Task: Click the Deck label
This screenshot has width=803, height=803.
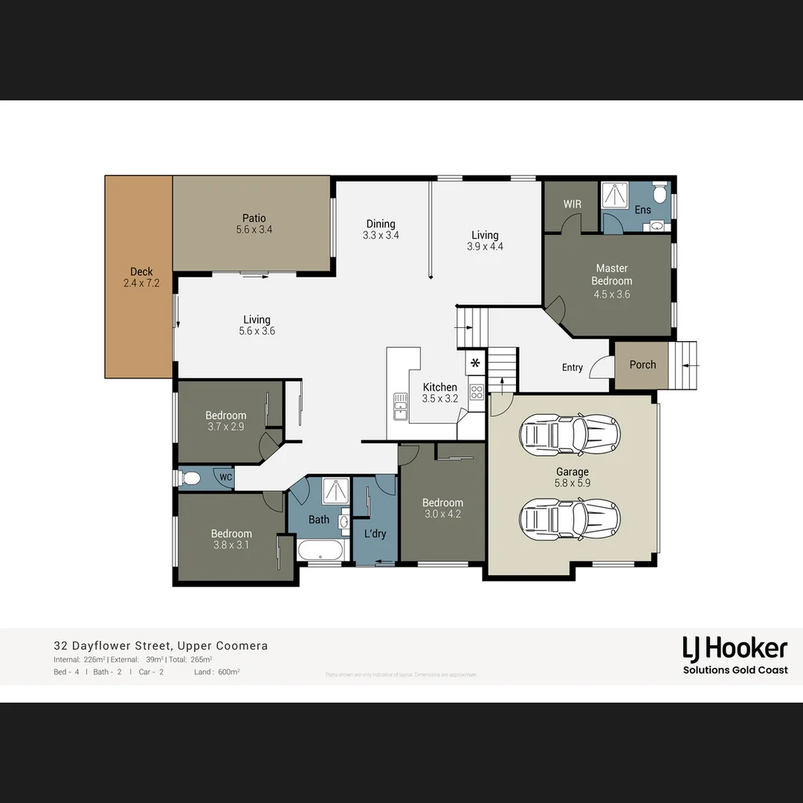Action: (141, 272)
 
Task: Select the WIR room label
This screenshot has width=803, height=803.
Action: (572, 204)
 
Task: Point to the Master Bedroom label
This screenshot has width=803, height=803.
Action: (612, 274)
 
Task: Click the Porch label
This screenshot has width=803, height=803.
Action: (642, 364)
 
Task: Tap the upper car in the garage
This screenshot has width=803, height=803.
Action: (570, 434)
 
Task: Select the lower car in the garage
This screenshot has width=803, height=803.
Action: (570, 518)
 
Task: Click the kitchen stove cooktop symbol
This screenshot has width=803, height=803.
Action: (477, 393)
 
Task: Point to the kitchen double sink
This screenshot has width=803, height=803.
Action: (401, 407)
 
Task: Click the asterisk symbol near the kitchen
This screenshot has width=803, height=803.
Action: (475, 364)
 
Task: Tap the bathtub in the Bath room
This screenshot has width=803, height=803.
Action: (320, 551)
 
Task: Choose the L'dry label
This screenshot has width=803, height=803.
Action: (375, 533)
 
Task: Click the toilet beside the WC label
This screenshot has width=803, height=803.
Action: (191, 477)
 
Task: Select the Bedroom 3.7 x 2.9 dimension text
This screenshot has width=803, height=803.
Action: (225, 427)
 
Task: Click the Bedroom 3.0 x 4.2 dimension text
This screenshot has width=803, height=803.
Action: (442, 514)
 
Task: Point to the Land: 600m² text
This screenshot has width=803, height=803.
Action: (217, 672)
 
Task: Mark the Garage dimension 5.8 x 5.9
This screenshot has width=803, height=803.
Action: (572, 483)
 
